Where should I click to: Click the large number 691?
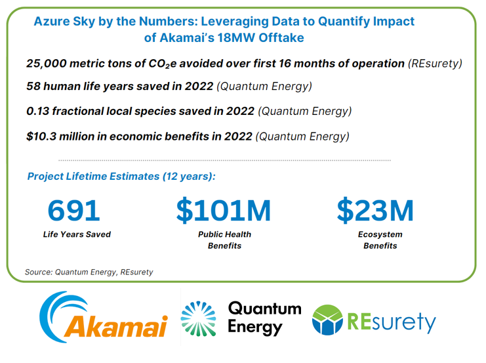[73, 210]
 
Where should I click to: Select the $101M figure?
[224, 211]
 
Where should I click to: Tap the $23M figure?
[375, 211]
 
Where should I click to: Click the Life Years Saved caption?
[77, 234]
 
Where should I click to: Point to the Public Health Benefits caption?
[224, 240]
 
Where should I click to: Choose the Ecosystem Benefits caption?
[380, 240]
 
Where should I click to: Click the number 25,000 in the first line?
[47, 63]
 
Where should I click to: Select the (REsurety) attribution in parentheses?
[435, 63]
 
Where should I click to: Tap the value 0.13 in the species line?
[37, 111]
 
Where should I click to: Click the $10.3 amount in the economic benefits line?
[41, 136]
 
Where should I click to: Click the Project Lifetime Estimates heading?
[121, 176]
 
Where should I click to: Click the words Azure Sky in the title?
[64, 22]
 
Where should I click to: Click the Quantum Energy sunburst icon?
[198, 318]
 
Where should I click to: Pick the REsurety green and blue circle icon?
[328, 320]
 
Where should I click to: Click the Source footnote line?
[89, 272]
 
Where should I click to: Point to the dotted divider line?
[225, 160]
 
